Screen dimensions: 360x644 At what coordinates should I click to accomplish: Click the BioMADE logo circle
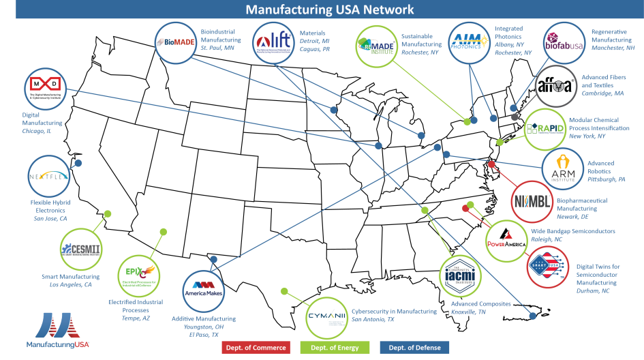point(176,42)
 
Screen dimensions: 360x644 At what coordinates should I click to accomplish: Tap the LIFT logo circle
point(273,42)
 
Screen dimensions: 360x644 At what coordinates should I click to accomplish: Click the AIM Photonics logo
point(469,42)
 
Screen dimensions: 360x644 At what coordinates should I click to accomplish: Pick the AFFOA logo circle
point(555,87)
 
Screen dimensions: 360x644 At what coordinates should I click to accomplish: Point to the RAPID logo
point(545,128)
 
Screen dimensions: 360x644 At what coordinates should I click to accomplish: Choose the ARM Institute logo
point(562,168)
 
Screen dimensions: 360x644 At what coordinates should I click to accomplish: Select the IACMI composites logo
point(461,275)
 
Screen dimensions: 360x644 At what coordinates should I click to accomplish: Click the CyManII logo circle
point(326,318)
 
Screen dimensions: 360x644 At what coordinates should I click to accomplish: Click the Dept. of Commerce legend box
point(256,348)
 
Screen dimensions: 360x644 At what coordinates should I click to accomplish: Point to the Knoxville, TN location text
point(468,312)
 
